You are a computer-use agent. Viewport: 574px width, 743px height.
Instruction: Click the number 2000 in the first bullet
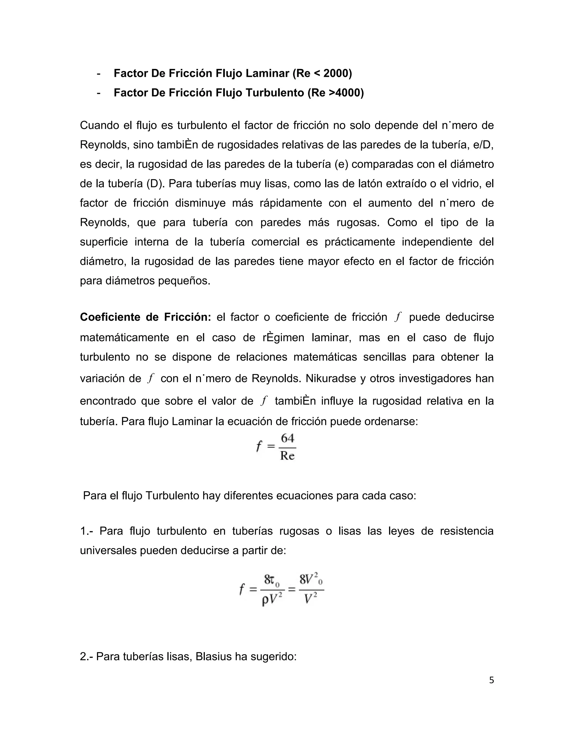coord(335,73)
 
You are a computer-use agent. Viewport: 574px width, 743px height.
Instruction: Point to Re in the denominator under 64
coord(287,456)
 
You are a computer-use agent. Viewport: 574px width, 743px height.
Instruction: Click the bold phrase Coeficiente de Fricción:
coord(145,317)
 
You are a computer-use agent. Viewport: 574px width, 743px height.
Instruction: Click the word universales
coord(108,550)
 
